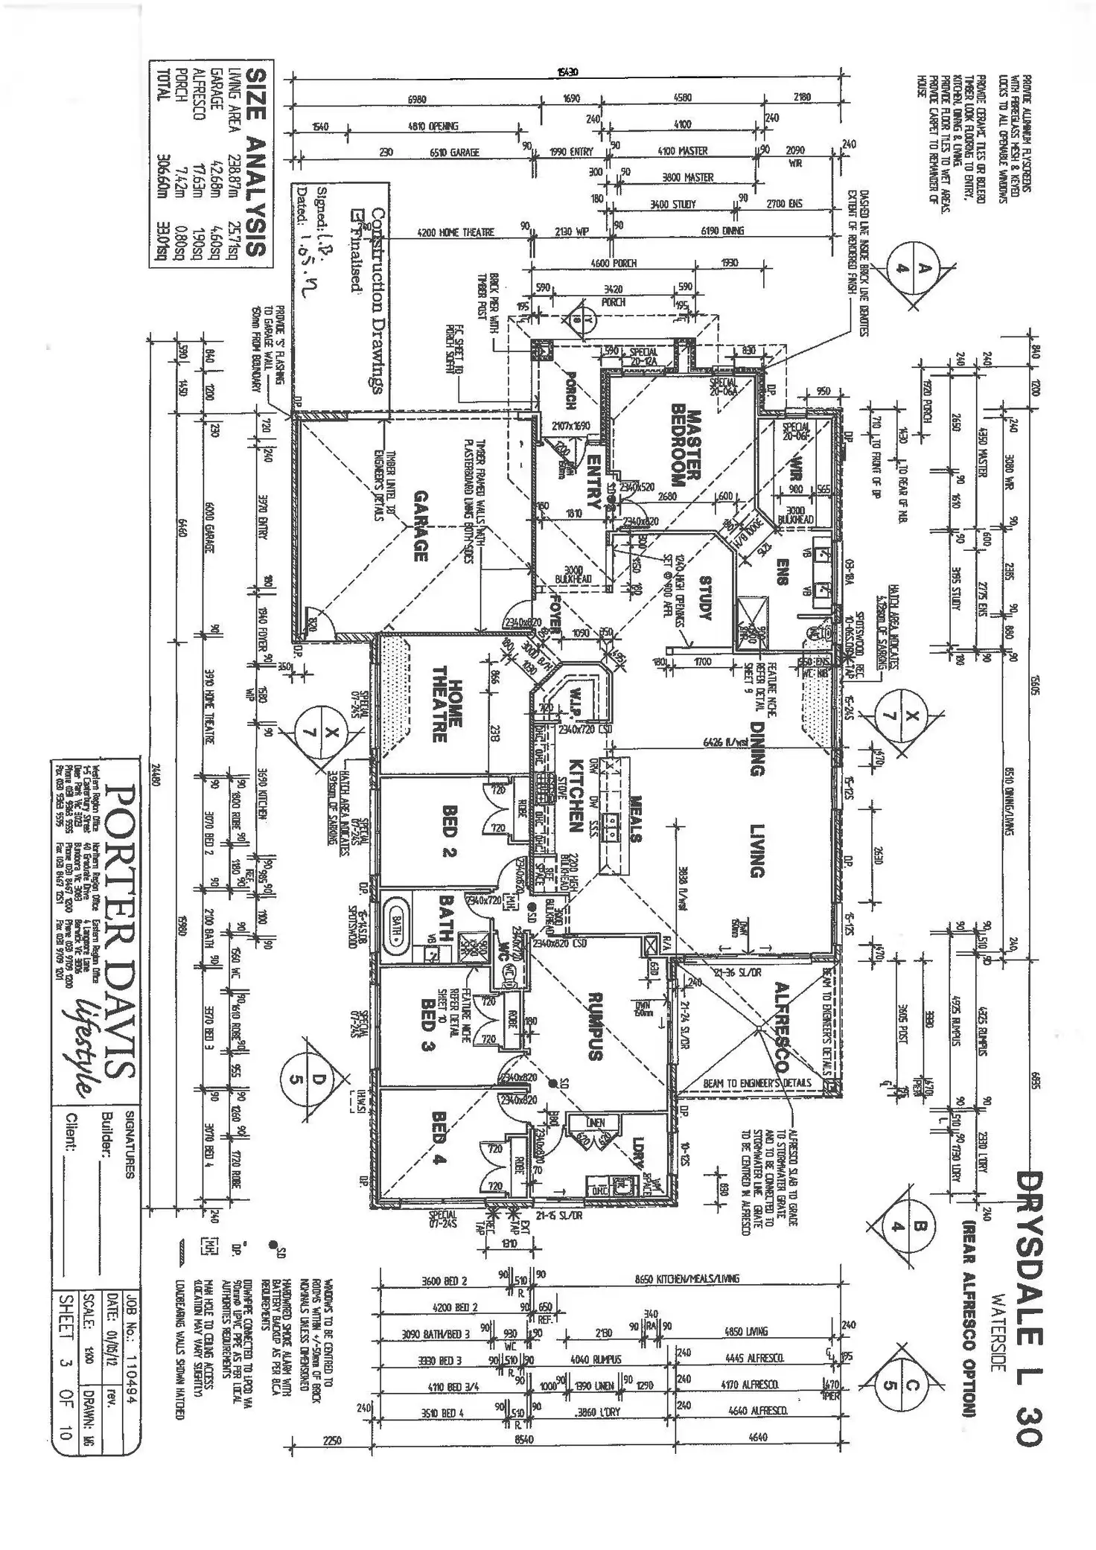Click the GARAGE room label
[418, 526]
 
